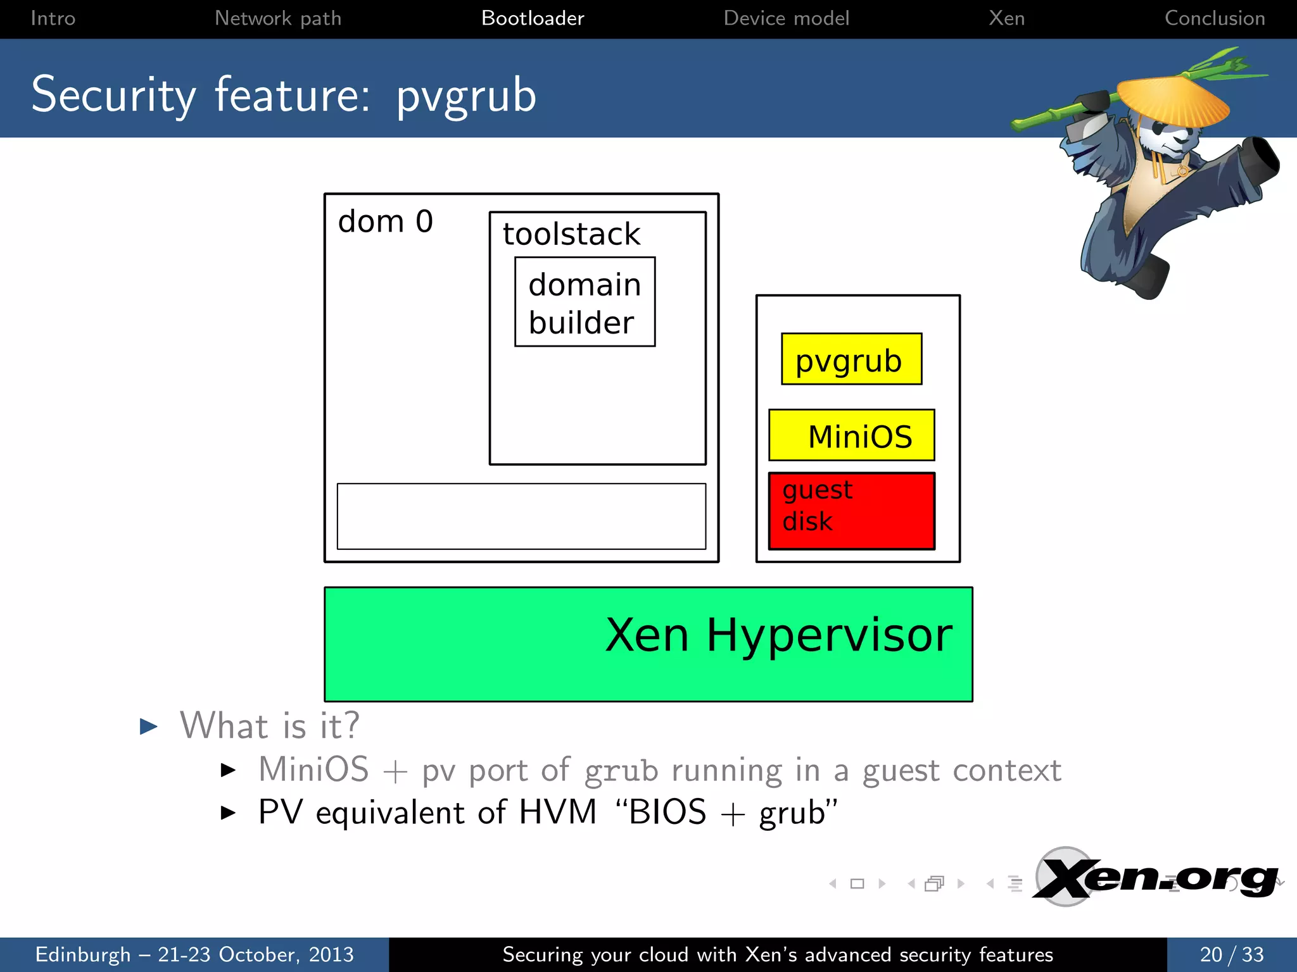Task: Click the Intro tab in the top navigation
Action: [x=53, y=18]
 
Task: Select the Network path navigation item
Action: [x=278, y=18]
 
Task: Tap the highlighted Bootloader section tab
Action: [x=533, y=18]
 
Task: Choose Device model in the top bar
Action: [x=786, y=18]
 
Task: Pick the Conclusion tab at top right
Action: [x=1215, y=18]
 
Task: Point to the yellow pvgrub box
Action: [x=851, y=359]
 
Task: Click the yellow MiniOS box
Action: [x=851, y=435]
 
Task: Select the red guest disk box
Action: [x=851, y=511]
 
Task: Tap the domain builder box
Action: [x=585, y=302]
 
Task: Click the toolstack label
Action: [x=571, y=234]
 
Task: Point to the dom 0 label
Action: [x=385, y=221]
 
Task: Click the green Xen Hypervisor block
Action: [x=648, y=644]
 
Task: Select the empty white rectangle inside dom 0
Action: [x=521, y=516]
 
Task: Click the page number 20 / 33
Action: [x=1231, y=954]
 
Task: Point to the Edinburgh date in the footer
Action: [x=194, y=954]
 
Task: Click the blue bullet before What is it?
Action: [x=148, y=726]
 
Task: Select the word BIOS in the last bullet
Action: [x=667, y=812]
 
